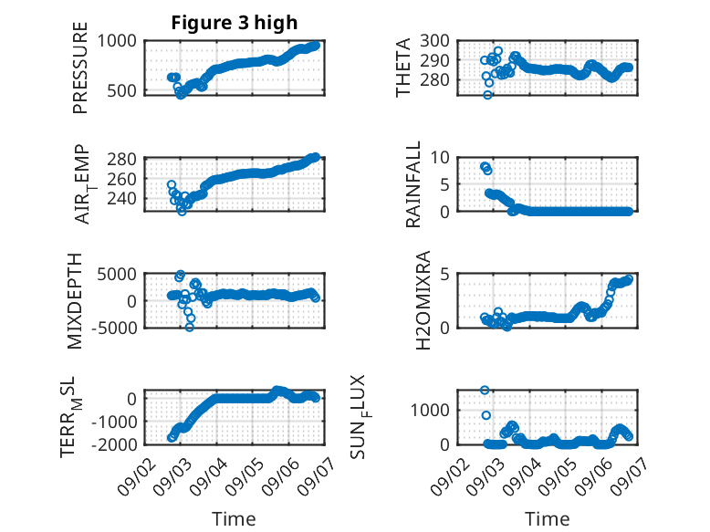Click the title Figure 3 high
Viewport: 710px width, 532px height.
click(x=235, y=22)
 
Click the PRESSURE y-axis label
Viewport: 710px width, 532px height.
click(x=79, y=68)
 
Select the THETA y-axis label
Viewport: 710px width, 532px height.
click(x=402, y=68)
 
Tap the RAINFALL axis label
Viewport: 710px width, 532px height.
click(x=413, y=184)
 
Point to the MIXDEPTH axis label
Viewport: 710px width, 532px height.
click(x=74, y=301)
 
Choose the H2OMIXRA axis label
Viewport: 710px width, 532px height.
click(x=423, y=300)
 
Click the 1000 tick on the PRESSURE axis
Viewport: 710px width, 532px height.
click(x=117, y=41)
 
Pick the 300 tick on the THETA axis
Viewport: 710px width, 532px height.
click(x=434, y=41)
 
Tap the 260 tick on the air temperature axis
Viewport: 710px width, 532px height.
click(x=121, y=179)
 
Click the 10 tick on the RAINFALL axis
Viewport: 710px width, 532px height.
click(x=440, y=158)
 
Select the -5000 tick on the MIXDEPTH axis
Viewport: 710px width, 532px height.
click(x=114, y=328)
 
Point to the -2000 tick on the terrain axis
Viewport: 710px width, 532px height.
click(x=114, y=444)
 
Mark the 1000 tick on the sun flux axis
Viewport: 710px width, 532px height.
click(x=430, y=411)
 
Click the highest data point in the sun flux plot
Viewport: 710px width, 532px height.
click(x=485, y=391)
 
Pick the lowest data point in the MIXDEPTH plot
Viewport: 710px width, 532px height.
click(x=189, y=327)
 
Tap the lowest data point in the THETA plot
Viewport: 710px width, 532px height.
click(x=487, y=95)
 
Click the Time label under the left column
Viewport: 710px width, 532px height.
click(x=235, y=519)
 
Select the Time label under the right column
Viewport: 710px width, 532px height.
click(x=548, y=519)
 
